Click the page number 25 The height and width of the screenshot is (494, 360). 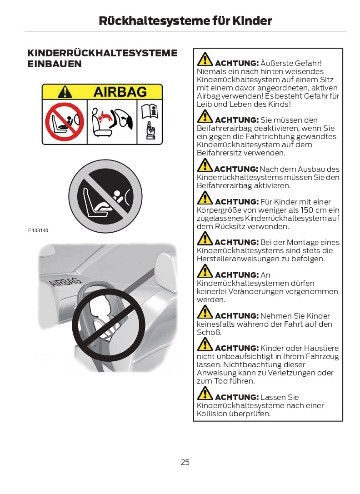[185, 462]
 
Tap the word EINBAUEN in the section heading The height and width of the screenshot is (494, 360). [55, 64]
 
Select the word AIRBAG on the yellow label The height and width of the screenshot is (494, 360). [120, 92]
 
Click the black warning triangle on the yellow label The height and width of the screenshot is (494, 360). [65, 92]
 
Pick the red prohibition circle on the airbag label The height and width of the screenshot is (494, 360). [65, 122]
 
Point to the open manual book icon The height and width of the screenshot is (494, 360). [150, 111]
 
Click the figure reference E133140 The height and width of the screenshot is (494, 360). [38, 230]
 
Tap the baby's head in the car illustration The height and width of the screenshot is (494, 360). [100, 304]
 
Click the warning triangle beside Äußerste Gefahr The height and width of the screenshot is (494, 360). [205, 59]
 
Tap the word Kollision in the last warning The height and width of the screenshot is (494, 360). [212, 414]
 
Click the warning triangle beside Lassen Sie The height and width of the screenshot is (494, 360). [205, 393]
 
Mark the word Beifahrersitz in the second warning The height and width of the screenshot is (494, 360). [220, 153]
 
